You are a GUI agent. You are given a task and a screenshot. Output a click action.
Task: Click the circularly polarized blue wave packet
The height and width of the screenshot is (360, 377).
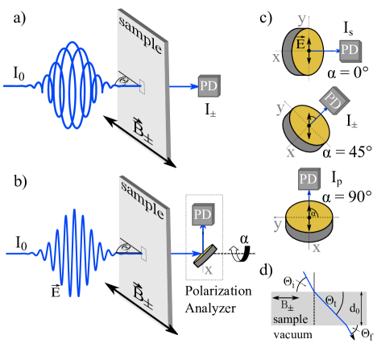(x=72, y=85)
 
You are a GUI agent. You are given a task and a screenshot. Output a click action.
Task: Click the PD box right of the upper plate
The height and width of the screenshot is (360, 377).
(x=208, y=85)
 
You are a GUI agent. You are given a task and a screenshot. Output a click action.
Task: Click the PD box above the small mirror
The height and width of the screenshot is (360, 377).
(x=202, y=214)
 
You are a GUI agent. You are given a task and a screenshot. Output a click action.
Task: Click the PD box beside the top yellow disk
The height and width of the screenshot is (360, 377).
(x=350, y=50)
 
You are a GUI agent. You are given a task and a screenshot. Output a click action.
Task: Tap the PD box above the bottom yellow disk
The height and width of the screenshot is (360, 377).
(x=309, y=179)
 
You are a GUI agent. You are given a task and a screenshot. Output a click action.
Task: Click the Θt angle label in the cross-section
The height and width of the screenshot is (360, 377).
(x=330, y=301)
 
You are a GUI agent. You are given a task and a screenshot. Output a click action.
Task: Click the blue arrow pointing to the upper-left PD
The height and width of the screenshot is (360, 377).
(x=181, y=85)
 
